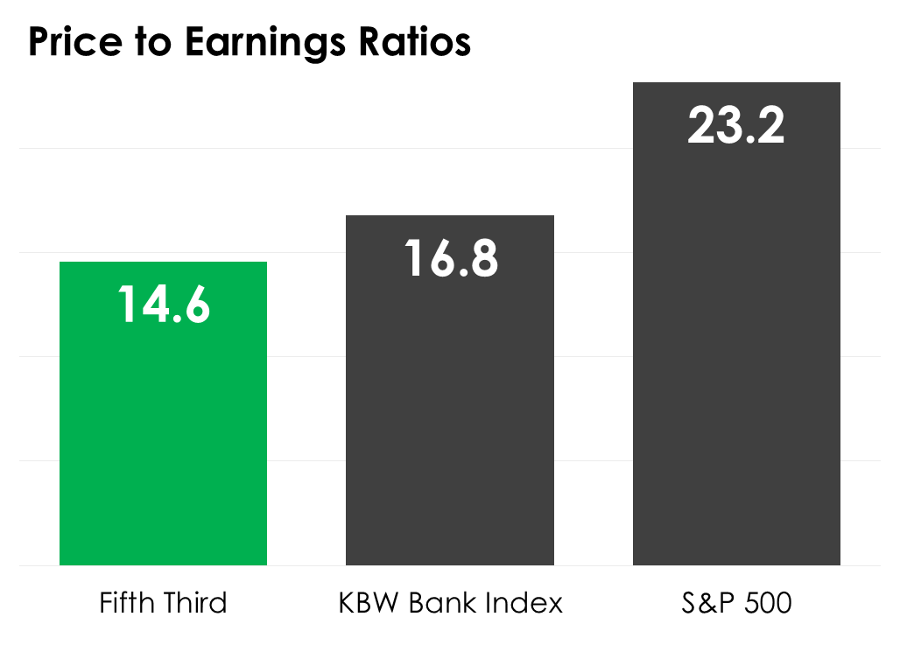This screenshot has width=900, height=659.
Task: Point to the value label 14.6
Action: [164, 305]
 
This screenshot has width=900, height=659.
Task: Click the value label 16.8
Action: [451, 258]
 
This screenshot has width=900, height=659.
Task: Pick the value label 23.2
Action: [736, 125]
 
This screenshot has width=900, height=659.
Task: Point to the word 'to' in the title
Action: [158, 43]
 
